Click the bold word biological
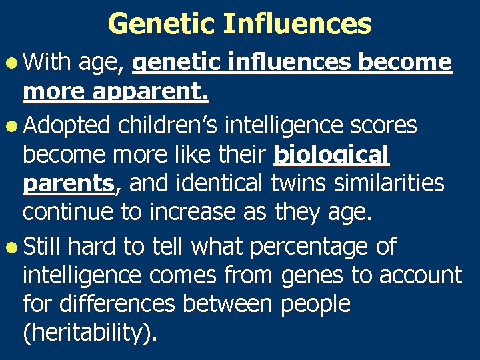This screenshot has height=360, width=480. (331, 155)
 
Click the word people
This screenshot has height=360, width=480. (315, 305)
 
